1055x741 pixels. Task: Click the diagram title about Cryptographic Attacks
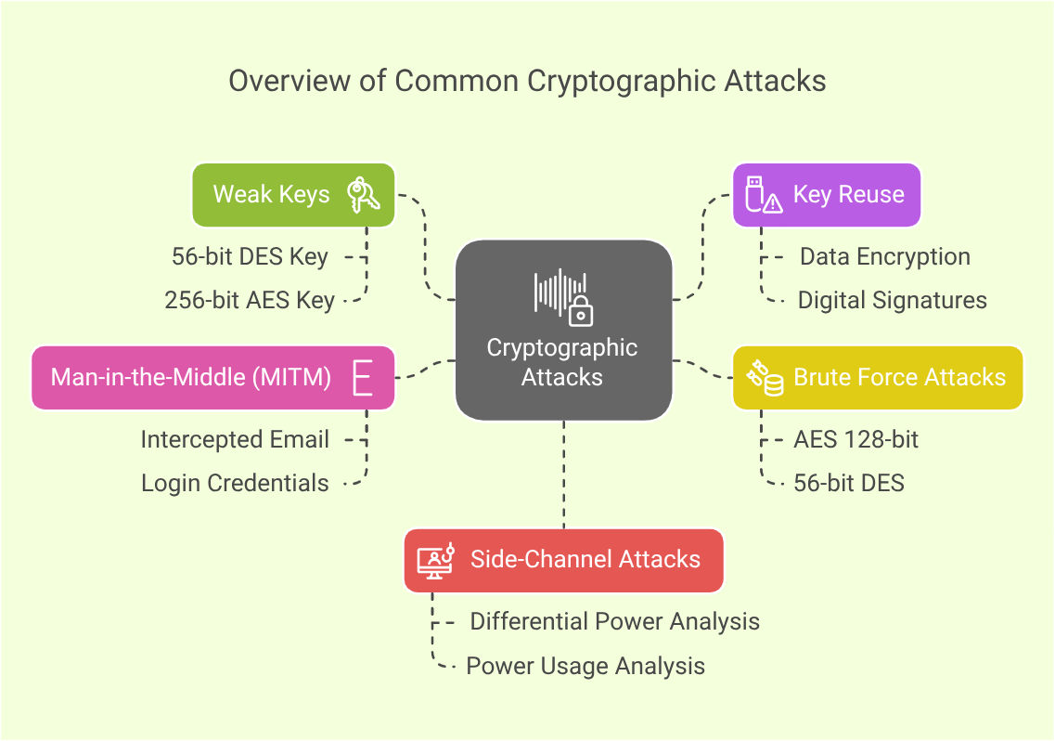tap(527, 81)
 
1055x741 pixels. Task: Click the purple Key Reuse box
tap(827, 195)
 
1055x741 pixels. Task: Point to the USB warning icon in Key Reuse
tap(763, 195)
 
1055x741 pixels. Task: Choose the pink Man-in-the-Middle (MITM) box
tap(212, 377)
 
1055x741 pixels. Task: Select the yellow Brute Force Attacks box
tap(878, 377)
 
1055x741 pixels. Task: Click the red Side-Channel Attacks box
tap(563, 560)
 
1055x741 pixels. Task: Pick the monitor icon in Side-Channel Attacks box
tap(435, 560)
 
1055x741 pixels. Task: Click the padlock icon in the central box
tap(581, 312)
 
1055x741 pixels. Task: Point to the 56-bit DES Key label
tap(250, 256)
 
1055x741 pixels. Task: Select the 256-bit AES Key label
tap(250, 300)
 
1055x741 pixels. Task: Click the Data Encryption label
tap(884, 256)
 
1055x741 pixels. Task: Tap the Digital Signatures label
tap(892, 300)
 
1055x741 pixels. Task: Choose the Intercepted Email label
tap(235, 439)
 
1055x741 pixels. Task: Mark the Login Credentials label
tap(235, 483)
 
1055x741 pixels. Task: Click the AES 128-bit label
tap(856, 439)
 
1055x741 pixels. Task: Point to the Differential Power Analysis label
tap(614, 621)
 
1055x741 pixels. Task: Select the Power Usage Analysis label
tap(585, 666)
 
